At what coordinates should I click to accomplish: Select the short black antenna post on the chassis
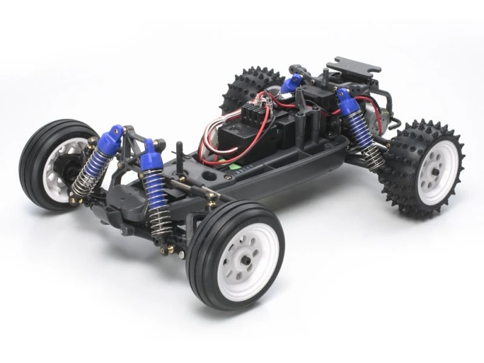point(180,151)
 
